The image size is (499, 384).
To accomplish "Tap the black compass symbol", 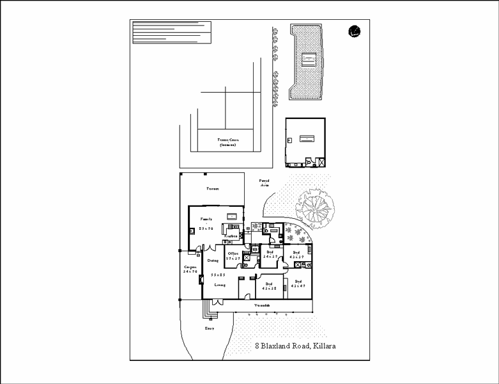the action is pyautogui.click(x=355, y=31).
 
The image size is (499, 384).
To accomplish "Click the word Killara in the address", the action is pyautogui.click(x=322, y=346).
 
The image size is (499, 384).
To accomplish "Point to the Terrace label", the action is pyautogui.click(x=212, y=189).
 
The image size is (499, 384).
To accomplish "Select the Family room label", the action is pyautogui.click(x=206, y=219).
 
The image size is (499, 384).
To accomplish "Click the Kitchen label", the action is pyautogui.click(x=231, y=236).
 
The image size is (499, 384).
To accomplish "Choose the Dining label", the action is pyautogui.click(x=213, y=260).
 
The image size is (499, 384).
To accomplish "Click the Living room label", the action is pyautogui.click(x=220, y=285).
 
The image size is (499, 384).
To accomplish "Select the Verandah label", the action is pyautogui.click(x=262, y=307).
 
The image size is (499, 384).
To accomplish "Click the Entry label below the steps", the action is pyautogui.click(x=209, y=328).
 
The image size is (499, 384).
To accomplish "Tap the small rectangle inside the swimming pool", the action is pyautogui.click(x=307, y=59).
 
